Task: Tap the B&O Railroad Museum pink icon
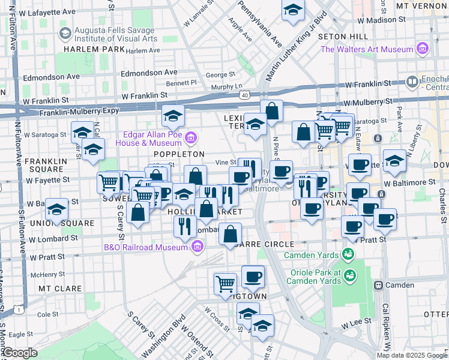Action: pyautogui.click(x=198, y=247)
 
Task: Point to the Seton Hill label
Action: pyautogui.click(x=346, y=37)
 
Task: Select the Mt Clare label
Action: pyautogui.click(x=59, y=289)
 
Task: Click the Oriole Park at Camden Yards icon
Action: pyautogui.click(x=349, y=275)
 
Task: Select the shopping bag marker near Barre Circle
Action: pyautogui.click(x=231, y=234)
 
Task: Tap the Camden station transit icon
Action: pyautogui.click(x=379, y=284)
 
